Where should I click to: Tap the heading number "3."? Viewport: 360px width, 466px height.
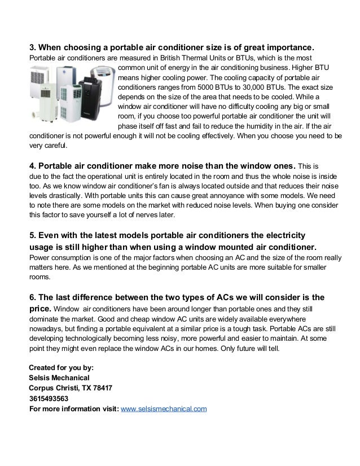(32, 46)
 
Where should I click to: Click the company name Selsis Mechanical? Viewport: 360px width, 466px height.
(59, 377)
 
